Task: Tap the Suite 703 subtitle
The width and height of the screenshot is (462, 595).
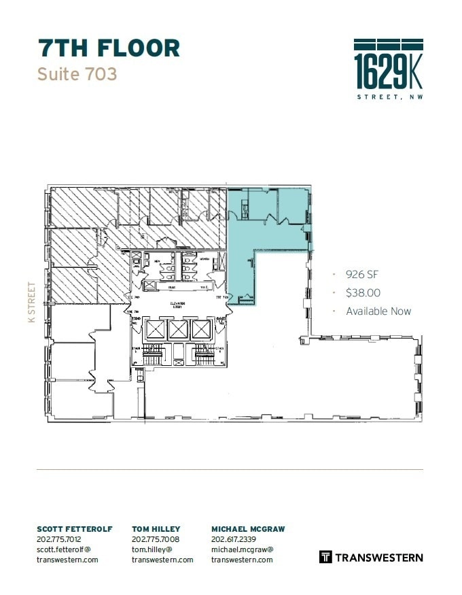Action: coord(77,73)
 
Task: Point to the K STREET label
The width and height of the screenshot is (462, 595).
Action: coord(31,303)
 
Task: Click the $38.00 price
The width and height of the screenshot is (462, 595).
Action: coord(363,292)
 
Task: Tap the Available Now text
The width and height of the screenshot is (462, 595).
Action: coord(378,311)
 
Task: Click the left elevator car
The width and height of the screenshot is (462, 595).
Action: coord(155,330)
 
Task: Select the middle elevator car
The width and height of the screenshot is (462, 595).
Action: coord(178,330)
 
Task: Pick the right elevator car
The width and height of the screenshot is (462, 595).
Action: coord(202,330)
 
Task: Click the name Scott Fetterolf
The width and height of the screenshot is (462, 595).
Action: coord(75,529)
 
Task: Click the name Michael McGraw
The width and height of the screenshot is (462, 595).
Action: coord(248,529)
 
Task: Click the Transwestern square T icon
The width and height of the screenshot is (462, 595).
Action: coord(325,557)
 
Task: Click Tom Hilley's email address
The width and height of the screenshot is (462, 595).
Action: coord(162,554)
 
